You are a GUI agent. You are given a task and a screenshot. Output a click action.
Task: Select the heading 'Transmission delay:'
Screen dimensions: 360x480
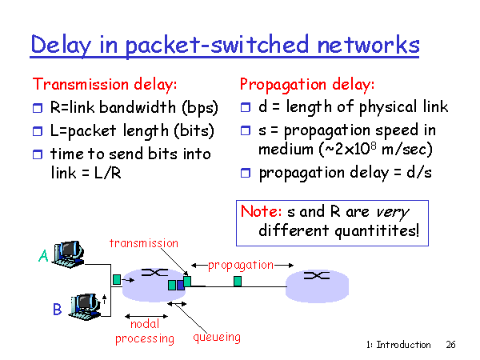[x=104, y=83]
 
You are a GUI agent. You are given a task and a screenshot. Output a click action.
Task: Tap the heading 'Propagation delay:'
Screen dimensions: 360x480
[x=307, y=83]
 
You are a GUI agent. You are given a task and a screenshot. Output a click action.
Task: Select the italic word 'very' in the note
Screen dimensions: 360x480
[x=391, y=212]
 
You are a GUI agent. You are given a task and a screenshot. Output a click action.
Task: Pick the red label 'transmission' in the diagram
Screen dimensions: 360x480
[x=144, y=242]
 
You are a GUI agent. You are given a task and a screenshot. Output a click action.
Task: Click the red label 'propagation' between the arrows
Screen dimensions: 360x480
[x=241, y=264]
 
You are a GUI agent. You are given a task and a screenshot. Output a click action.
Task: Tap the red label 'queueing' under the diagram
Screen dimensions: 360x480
[x=217, y=337]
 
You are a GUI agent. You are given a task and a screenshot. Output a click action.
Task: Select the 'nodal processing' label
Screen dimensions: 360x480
[x=145, y=331]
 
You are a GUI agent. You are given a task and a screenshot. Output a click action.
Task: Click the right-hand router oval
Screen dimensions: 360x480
[x=318, y=281]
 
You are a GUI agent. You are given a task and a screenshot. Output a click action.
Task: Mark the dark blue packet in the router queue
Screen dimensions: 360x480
[x=180, y=284]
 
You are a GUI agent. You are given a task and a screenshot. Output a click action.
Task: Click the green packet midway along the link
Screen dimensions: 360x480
[x=238, y=281]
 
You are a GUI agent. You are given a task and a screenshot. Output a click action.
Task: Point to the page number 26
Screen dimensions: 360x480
[x=450, y=345]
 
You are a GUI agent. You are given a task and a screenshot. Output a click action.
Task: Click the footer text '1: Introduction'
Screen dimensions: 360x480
[x=398, y=345]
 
